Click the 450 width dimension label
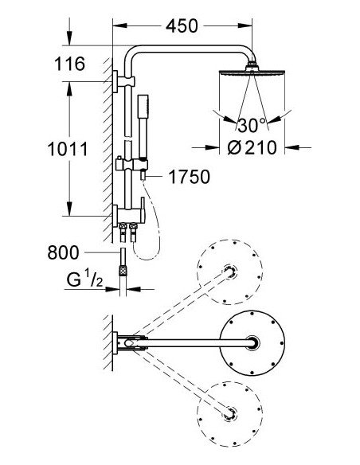click(x=183, y=26)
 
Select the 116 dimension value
click(x=69, y=64)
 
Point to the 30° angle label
click(x=252, y=125)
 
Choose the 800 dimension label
click(x=85, y=253)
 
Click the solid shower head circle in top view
click(x=253, y=343)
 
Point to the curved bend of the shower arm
click(x=134, y=57)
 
